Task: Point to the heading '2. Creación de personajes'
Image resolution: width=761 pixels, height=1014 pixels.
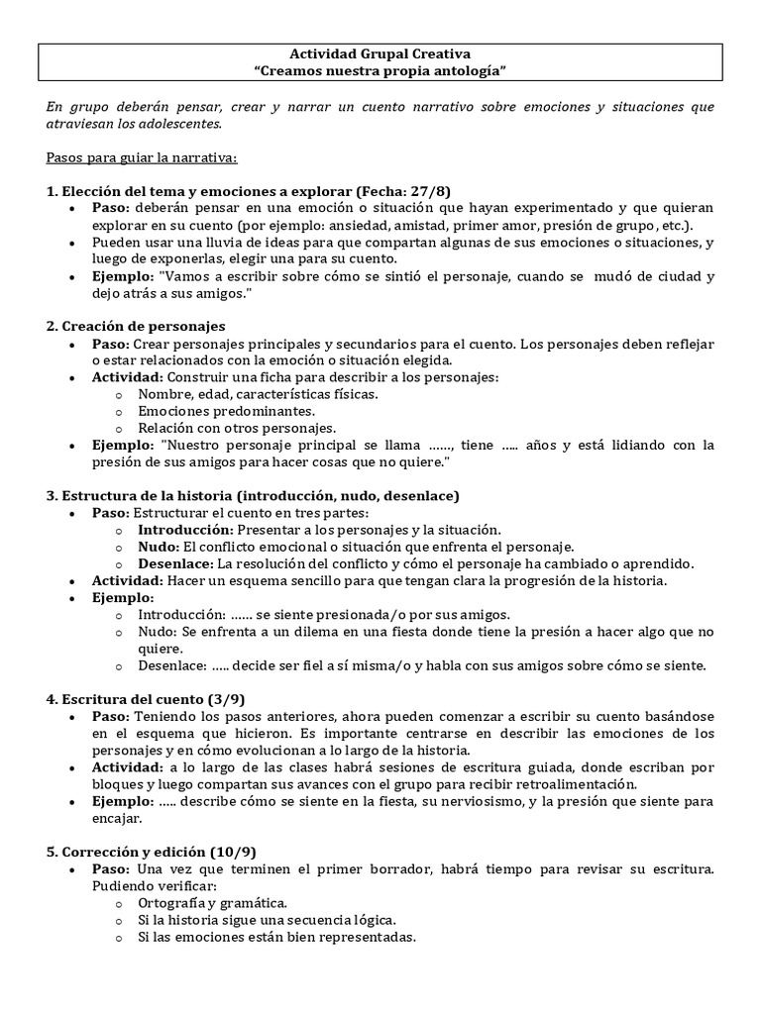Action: pos(136,326)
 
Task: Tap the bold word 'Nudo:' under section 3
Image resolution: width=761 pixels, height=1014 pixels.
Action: pos(156,547)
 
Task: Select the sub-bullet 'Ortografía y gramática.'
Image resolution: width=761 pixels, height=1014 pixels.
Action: pos(213,903)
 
